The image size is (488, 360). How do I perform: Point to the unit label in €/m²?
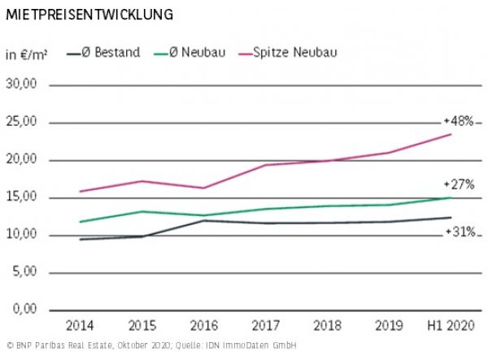point(26,54)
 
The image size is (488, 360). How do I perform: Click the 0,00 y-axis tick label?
point(26,310)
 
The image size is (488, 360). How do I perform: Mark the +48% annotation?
point(458,121)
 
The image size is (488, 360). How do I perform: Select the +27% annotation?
point(458,184)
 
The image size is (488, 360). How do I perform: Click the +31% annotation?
point(460,232)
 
